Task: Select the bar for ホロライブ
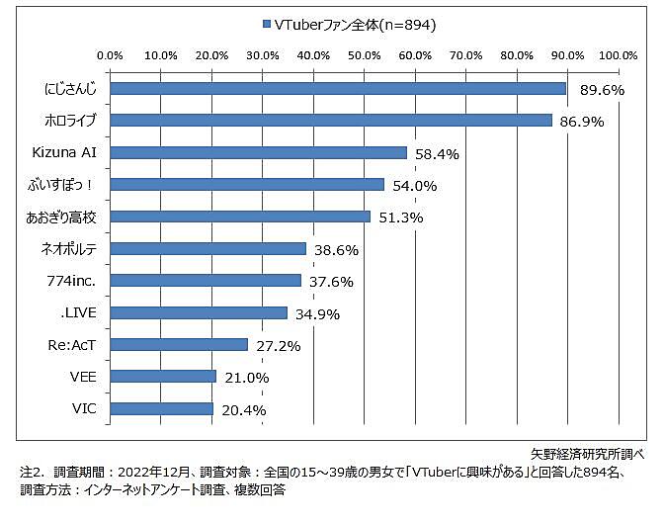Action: coord(331,120)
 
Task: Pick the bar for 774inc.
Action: coord(206,280)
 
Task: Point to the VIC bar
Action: coord(162,408)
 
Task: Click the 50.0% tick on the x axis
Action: coord(365,54)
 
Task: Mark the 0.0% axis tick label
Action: coord(111,54)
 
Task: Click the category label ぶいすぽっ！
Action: coord(66,184)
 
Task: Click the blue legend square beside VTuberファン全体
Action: coord(267,24)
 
